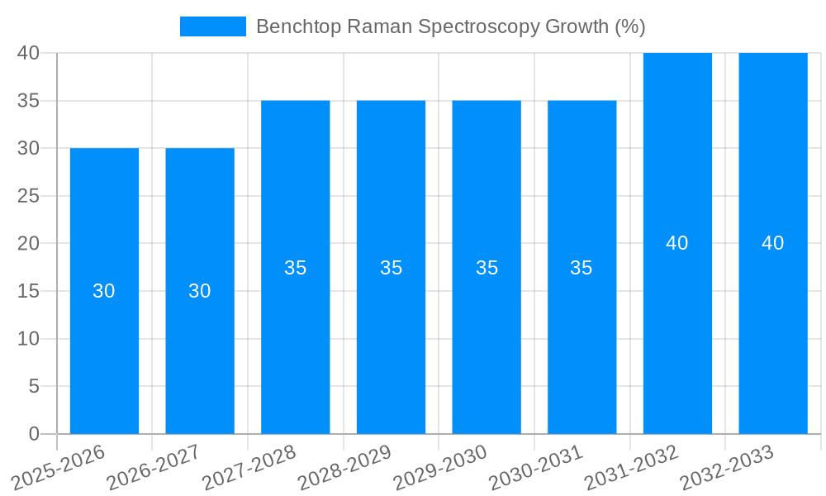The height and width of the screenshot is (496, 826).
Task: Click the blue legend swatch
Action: pyautogui.click(x=212, y=26)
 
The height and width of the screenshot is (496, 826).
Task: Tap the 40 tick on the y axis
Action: pyautogui.click(x=28, y=53)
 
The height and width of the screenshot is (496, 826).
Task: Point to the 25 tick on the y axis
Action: pyautogui.click(x=28, y=196)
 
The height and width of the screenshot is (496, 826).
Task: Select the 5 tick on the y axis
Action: pyautogui.click(x=34, y=386)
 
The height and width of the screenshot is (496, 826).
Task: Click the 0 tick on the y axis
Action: pyautogui.click(x=34, y=434)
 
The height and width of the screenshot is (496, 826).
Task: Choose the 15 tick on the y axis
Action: pyautogui.click(x=28, y=291)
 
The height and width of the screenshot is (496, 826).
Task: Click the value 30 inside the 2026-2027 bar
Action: pyautogui.click(x=200, y=291)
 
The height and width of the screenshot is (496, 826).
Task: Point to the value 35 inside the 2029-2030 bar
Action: pyautogui.click(x=487, y=268)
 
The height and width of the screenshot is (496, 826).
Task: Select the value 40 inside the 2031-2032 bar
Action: pyautogui.click(x=677, y=243)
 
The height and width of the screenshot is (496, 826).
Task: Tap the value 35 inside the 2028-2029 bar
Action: pyautogui.click(x=391, y=268)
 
